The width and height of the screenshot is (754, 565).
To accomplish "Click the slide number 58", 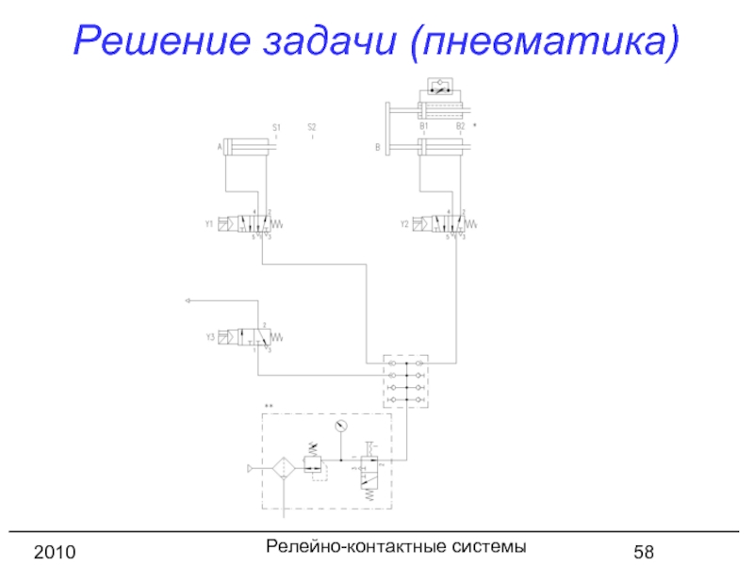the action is [x=645, y=550].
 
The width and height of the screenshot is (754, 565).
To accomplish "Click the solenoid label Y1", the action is [x=209, y=225].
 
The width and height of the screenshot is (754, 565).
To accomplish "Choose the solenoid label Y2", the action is [x=404, y=225].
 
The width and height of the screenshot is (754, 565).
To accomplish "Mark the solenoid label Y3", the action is [x=209, y=336].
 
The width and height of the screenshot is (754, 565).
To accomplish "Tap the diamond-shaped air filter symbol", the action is [x=285, y=467].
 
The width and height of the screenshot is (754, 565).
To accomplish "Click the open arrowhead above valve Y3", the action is [x=188, y=300].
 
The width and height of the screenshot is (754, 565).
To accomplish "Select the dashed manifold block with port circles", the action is [x=406, y=381].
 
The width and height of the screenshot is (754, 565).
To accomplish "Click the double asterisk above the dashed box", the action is [x=269, y=406].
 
